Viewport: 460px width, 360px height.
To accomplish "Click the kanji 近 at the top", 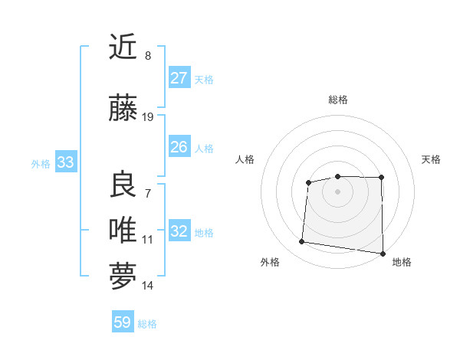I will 123,48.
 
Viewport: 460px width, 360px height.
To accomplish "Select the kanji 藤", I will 123,109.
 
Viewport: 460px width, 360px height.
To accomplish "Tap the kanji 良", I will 123,185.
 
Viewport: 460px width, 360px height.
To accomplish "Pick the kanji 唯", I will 123,230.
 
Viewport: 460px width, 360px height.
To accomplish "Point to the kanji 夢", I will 123,277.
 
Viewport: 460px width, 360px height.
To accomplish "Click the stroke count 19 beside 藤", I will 148,117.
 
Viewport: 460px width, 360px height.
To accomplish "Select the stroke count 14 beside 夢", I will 148,286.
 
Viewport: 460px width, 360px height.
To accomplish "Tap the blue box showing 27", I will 179,78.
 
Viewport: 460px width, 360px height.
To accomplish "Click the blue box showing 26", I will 179,147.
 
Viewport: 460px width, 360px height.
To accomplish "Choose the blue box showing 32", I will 179,231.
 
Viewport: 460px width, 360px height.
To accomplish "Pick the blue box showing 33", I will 65,162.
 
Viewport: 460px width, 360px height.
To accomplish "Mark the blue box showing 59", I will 123,322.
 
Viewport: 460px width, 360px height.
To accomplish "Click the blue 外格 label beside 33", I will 41,163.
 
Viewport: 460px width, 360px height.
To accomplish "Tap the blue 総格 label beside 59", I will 147,324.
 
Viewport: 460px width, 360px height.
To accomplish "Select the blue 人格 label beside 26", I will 204,149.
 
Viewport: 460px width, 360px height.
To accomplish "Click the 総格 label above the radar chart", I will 338,100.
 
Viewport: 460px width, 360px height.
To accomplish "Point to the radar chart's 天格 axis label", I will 431,159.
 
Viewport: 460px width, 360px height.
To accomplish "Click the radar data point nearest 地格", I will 382,254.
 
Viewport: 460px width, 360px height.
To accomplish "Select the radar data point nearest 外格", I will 302,242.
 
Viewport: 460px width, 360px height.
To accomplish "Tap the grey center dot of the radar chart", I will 337,191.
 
